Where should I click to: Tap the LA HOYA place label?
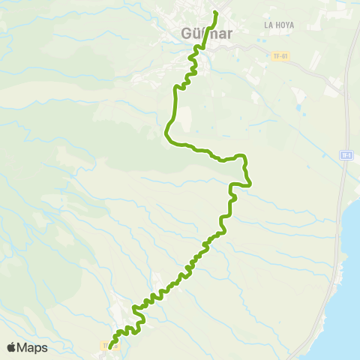pyautogui.click(x=279, y=25)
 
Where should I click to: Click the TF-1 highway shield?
pyautogui.click(x=346, y=155)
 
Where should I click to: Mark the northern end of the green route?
pyautogui.click(x=215, y=12)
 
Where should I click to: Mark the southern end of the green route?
pyautogui.click(x=111, y=346)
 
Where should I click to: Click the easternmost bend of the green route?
pyautogui.click(x=250, y=182)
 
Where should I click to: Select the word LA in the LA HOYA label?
pyautogui.click(x=268, y=25)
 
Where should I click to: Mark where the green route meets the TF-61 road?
pyautogui.click(x=199, y=49)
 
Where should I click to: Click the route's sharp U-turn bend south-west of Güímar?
pyautogui.click(x=166, y=135)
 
